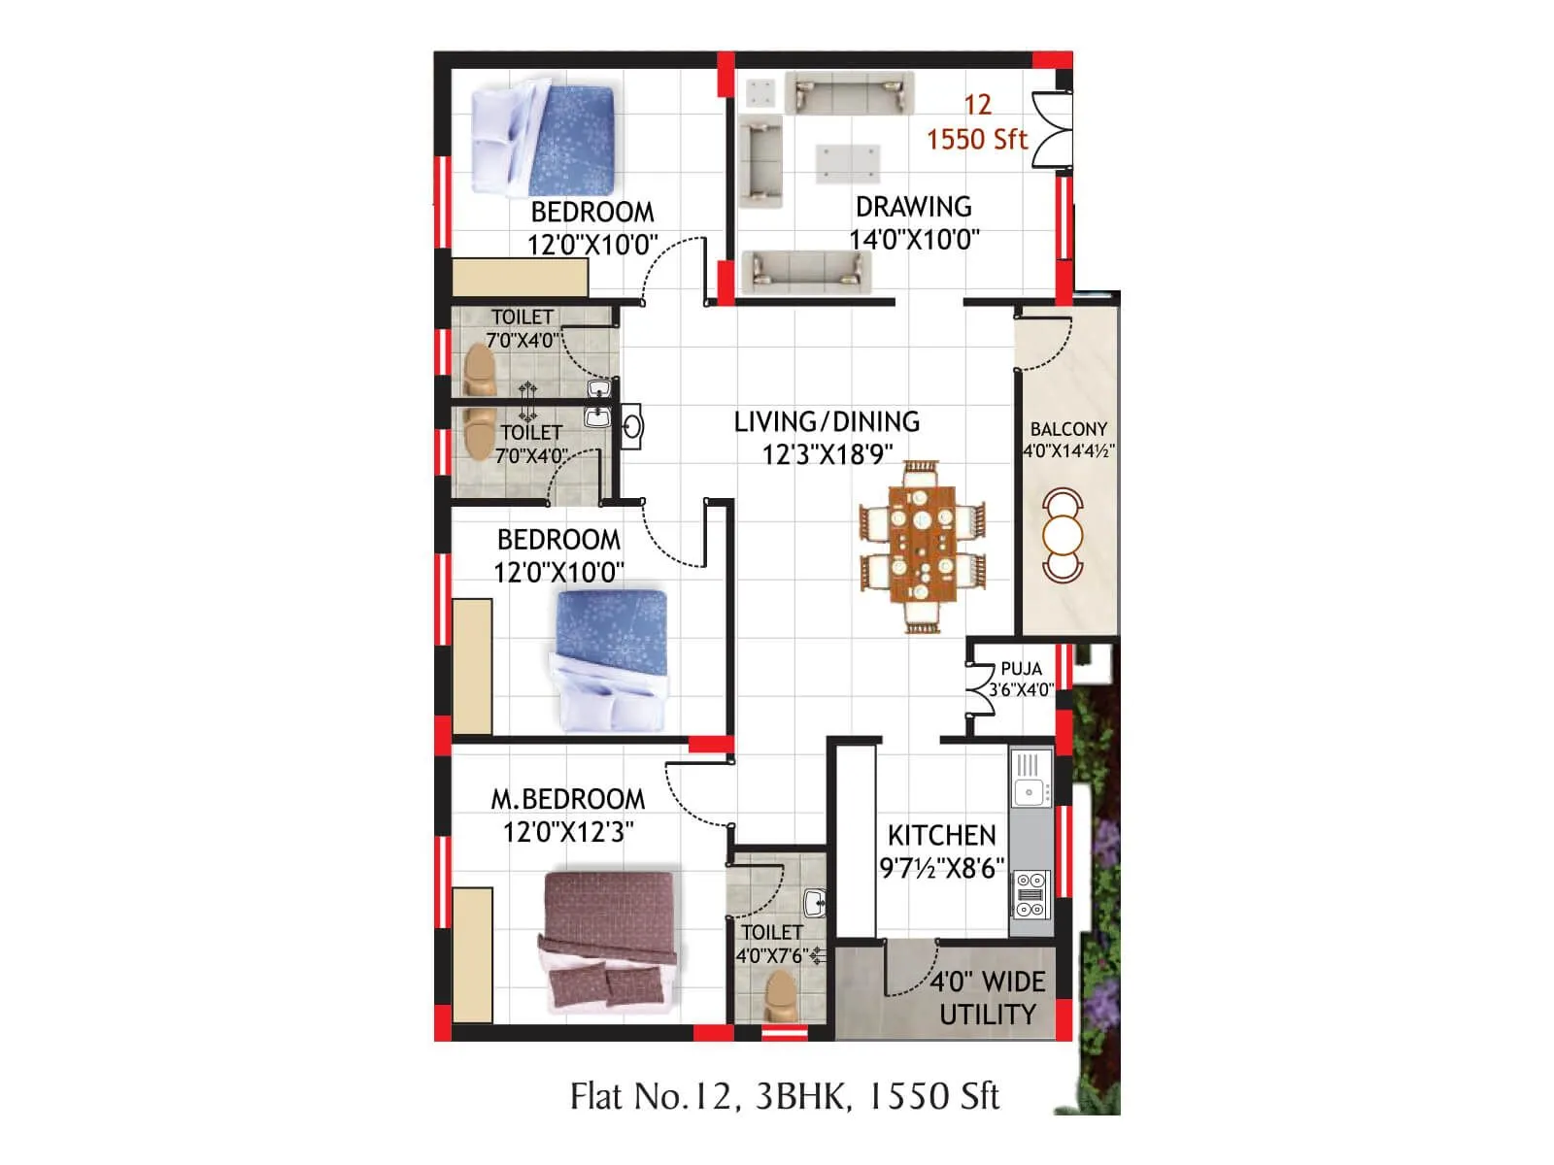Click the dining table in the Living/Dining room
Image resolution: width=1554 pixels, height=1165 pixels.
coord(922,547)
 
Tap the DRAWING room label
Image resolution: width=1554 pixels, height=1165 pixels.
coord(913,207)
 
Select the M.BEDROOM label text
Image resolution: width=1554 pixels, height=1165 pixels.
coord(567,799)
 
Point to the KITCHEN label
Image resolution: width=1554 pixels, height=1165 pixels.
coord(941,836)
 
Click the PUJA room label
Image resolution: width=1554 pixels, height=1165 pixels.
coord(1021,669)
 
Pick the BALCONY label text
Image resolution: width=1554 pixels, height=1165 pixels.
coord(1068,429)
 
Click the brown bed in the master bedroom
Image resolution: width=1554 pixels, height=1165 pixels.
coord(608,937)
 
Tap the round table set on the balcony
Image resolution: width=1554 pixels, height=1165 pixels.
coord(1063,535)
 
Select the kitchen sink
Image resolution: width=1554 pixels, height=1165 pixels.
coord(1029,791)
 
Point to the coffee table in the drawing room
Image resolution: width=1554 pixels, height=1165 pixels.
coord(848,163)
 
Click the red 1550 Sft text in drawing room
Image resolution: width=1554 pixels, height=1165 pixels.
coord(976,140)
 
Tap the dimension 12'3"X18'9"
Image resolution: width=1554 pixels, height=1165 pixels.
coord(828,454)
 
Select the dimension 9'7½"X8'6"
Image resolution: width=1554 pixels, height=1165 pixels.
coord(941,868)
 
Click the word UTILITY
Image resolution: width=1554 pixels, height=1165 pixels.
coord(988,1015)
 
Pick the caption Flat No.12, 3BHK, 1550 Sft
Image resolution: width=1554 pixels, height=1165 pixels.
coord(784,1096)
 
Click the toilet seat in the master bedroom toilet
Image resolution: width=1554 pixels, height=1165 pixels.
coord(781,995)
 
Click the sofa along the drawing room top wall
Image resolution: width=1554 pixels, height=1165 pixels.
coord(849,93)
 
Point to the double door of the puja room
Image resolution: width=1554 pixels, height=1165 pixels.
coord(978,689)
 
